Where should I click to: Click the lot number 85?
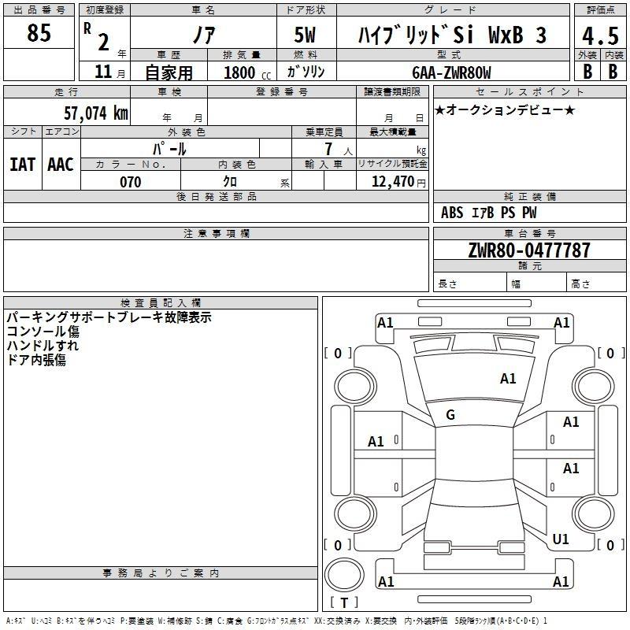39,32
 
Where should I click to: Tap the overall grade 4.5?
600,36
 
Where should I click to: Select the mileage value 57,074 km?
96,113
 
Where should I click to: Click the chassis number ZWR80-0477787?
529,250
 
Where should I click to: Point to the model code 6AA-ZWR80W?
451,72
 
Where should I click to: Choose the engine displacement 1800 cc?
247,72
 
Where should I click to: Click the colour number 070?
131,182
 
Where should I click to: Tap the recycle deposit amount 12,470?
393,182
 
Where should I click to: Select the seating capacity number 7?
328,149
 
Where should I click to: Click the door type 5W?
305,35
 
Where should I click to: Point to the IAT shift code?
23,165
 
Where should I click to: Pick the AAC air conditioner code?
61,165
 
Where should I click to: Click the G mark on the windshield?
450,415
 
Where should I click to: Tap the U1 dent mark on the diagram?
561,539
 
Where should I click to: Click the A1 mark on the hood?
508,379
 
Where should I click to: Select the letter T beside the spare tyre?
344,602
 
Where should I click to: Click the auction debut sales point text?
505,109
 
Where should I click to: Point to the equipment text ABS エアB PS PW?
488,213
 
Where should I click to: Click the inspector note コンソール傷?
43,332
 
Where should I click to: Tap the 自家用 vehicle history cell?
169,72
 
